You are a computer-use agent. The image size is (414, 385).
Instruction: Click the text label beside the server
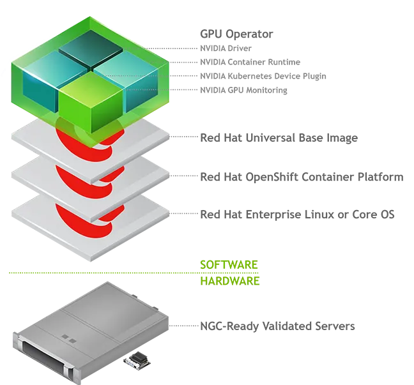(277, 326)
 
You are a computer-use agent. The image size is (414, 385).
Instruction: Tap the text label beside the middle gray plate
(301, 177)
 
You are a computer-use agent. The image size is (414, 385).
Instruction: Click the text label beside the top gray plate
(277, 138)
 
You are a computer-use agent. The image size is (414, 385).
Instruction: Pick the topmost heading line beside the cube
(228, 31)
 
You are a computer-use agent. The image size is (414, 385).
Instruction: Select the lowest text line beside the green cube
(245, 92)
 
